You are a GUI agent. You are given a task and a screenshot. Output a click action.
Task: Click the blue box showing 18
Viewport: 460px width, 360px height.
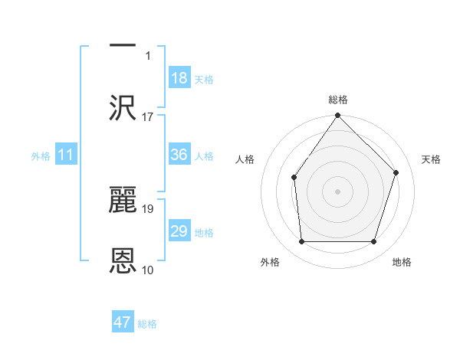pyautogui.click(x=179, y=78)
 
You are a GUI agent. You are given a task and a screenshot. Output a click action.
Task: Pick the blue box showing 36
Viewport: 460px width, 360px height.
pyautogui.click(x=179, y=155)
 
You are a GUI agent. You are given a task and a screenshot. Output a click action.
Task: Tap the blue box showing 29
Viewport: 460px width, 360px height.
pyautogui.click(x=179, y=231)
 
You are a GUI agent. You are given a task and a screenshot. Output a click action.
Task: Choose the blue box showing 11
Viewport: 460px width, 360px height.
pyautogui.click(x=66, y=155)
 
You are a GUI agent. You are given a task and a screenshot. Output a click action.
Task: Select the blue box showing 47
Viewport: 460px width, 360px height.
pyautogui.click(x=123, y=322)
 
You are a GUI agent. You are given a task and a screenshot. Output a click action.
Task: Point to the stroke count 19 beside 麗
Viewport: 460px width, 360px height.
pyautogui.click(x=147, y=208)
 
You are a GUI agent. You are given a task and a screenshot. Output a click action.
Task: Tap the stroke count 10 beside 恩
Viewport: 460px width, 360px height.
pyautogui.click(x=147, y=270)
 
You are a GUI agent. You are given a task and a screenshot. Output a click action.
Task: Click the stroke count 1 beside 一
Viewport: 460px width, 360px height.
pyautogui.click(x=149, y=55)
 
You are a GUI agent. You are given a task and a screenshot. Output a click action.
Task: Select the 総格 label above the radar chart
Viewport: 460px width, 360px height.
pyautogui.click(x=338, y=100)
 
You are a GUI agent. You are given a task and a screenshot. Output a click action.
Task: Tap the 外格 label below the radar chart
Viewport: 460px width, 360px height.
pyautogui.click(x=270, y=262)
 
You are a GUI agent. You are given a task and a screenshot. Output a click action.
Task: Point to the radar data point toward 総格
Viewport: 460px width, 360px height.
pyautogui.click(x=338, y=116)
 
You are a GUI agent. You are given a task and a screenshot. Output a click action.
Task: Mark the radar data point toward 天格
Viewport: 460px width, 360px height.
pyautogui.click(x=396, y=172)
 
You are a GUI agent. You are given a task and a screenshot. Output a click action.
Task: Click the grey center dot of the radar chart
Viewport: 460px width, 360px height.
pyautogui.click(x=338, y=191)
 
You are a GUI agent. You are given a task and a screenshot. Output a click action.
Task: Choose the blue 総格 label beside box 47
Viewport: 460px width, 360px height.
pyautogui.click(x=147, y=324)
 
